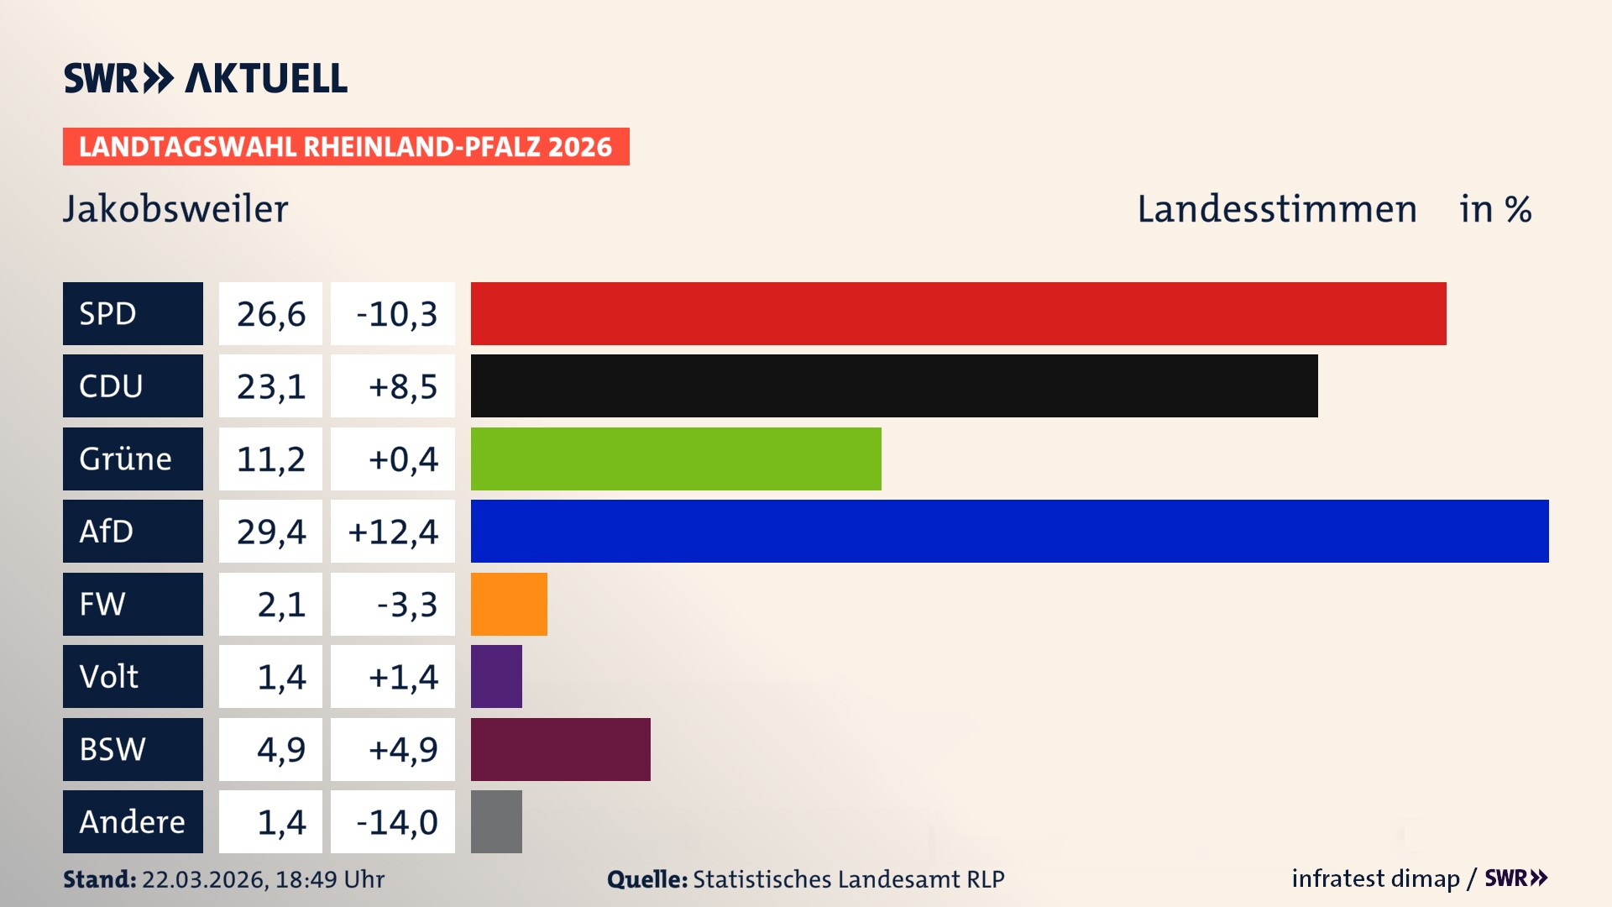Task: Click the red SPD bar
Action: pos(958,313)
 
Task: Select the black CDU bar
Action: pos(894,386)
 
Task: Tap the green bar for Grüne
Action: pos(676,459)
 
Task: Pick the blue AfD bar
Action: pos(1009,531)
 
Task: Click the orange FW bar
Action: pos(509,604)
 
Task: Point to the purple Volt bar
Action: pos(496,676)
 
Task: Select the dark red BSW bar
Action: pos(560,749)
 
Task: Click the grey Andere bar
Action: pos(496,821)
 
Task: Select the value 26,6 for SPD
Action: pos(270,314)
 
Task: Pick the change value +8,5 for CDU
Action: pos(402,386)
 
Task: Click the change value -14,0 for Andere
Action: pos(396,821)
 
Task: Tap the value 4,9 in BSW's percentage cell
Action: pos(280,749)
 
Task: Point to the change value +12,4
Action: pos(393,532)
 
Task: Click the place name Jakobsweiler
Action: pos(175,209)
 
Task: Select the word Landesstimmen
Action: pos(1276,209)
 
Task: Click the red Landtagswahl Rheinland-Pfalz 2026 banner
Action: pos(346,147)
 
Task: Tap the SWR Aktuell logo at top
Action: pos(206,78)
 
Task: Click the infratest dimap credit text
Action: pos(1374,878)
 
